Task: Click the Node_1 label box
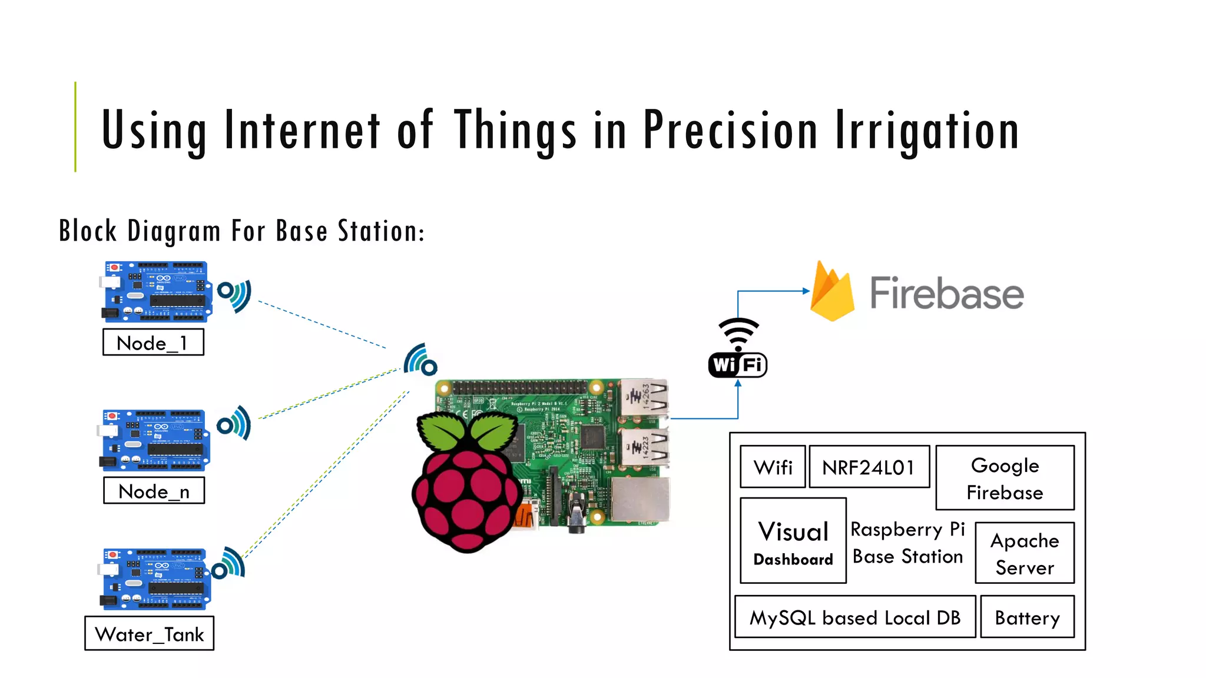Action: tap(153, 342)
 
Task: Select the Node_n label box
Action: tap(154, 490)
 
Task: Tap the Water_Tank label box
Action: tap(149, 633)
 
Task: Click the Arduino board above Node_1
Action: tap(156, 292)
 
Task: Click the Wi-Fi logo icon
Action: tap(737, 348)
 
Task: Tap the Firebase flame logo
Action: tap(831, 293)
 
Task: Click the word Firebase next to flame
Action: tap(946, 293)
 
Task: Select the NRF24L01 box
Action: tap(869, 467)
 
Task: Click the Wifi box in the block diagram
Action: tap(773, 467)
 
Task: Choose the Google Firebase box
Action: tap(1005, 478)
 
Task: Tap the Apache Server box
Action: tap(1024, 553)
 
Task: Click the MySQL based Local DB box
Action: tap(854, 617)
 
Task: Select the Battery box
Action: tap(1027, 617)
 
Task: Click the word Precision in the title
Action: tap(730, 131)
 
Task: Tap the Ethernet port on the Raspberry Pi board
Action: tap(640, 499)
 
